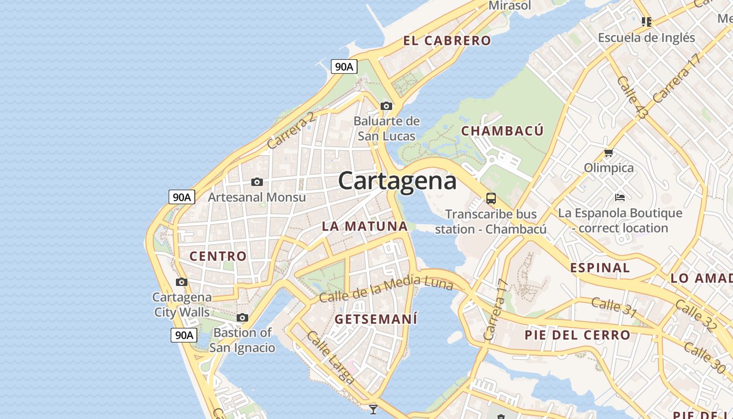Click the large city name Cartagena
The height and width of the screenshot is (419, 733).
coord(397,181)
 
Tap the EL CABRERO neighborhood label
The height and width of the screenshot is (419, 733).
coord(447,41)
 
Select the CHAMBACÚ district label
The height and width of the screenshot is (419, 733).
coord(502,131)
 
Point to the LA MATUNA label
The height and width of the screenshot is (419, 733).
coord(364,226)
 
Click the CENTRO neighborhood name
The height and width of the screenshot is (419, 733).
coord(218,256)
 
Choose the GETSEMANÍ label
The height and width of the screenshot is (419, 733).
coord(376,319)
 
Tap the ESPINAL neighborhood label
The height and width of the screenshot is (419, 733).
coord(599,268)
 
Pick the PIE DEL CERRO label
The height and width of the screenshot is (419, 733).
coord(577,335)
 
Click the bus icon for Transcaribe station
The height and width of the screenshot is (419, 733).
coord(491,199)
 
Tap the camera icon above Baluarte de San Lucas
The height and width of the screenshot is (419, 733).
coord(386,106)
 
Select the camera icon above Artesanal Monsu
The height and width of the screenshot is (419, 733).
coord(257,182)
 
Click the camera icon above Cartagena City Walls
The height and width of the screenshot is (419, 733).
coord(182,282)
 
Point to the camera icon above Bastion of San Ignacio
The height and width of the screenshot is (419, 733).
coord(242,317)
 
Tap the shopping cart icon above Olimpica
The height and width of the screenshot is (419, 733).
coord(608,153)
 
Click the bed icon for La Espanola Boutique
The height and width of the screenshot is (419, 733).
coord(620,197)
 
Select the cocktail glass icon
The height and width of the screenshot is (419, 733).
coord(373,409)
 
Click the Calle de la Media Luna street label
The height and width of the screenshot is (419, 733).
coord(386,289)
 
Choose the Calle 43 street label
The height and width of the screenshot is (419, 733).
coord(632,97)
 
